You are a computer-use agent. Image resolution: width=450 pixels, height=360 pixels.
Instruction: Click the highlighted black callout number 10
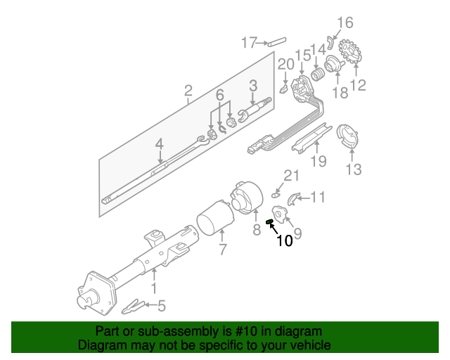284,240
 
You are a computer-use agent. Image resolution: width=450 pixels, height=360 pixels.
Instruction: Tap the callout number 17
249,43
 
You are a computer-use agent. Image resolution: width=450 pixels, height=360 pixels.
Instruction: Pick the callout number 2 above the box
188,91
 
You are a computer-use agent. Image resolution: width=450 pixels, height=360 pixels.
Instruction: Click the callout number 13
354,169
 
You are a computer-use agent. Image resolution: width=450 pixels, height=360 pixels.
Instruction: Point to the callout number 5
161,306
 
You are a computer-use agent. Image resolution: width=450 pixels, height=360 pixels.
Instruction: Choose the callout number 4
160,145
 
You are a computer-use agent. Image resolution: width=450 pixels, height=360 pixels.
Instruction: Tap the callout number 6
219,94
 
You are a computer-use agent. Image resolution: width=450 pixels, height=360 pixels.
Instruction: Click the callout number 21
291,175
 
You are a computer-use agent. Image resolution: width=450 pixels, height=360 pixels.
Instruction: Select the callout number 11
318,198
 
